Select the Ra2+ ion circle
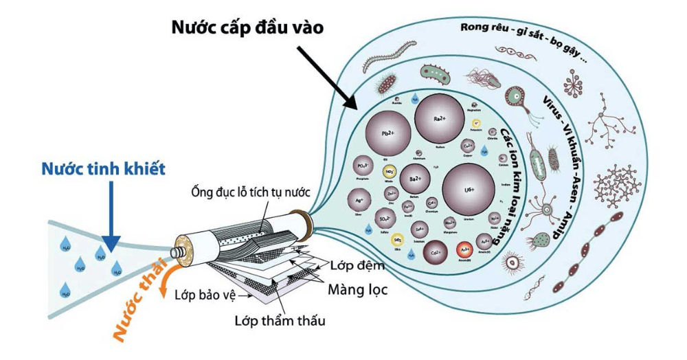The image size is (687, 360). click(x=439, y=119)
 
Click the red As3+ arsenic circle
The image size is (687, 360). click(x=465, y=248)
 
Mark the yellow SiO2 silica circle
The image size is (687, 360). click(x=397, y=240)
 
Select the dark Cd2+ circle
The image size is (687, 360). click(x=436, y=254)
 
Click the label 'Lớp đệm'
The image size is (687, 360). click(x=358, y=265)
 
